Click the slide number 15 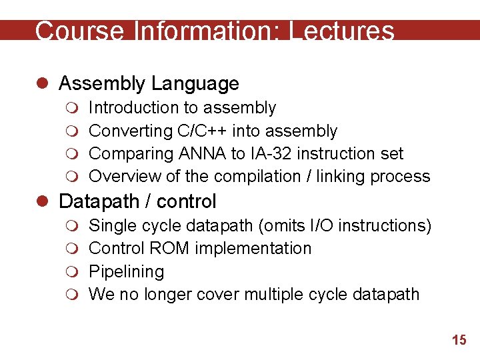pos(459,340)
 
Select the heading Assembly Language pos(149,83)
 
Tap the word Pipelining pos(126,272)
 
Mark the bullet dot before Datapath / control pos(45,201)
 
